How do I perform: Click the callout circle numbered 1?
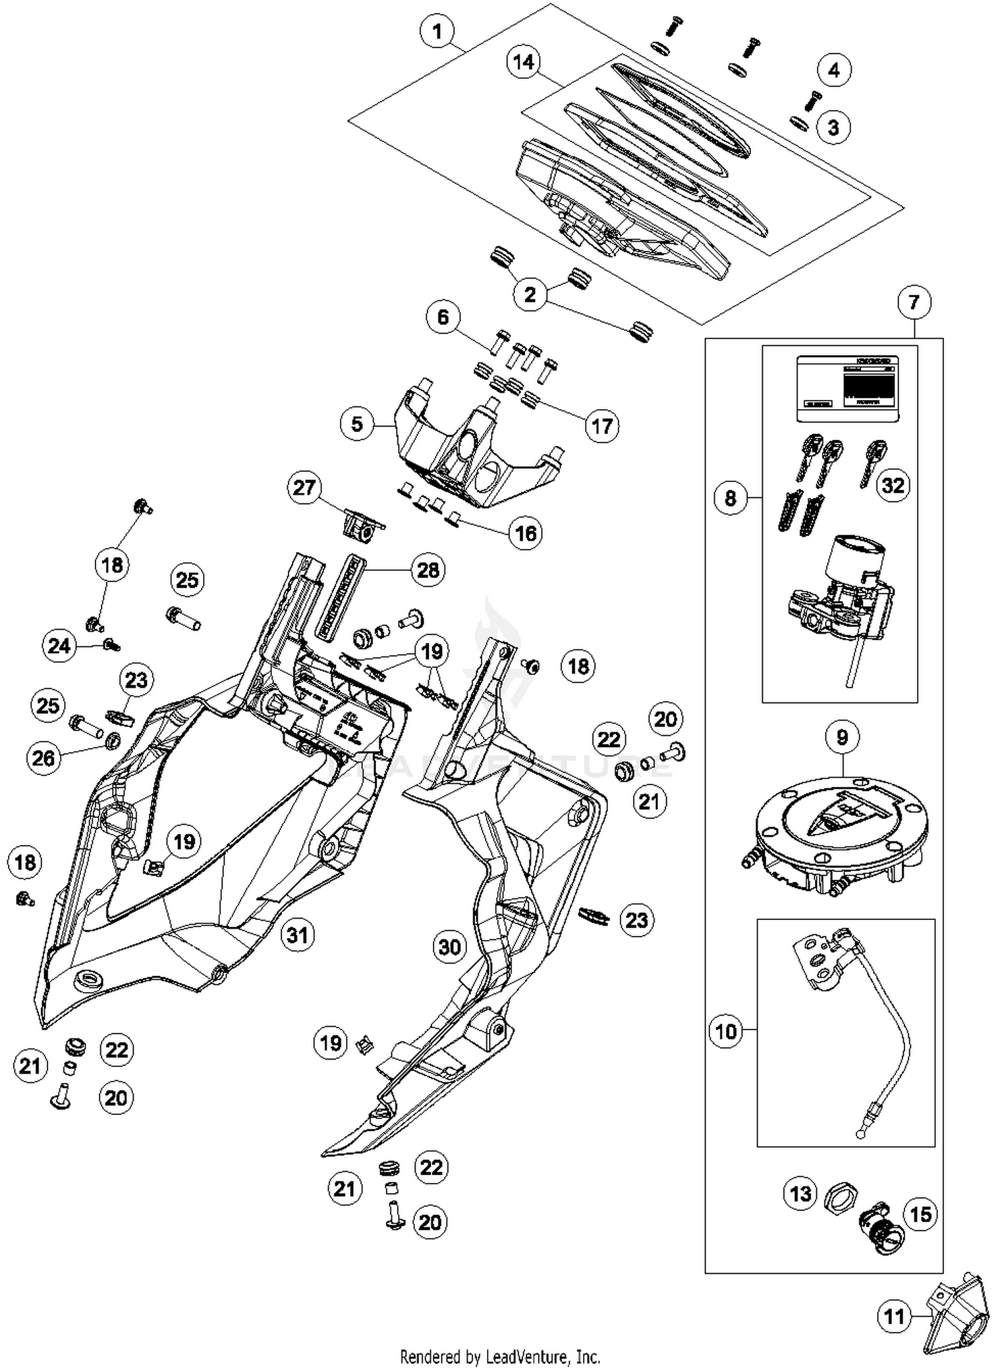(x=438, y=31)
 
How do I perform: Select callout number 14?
(x=524, y=61)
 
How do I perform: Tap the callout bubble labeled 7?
(x=914, y=302)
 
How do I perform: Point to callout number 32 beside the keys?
(x=892, y=485)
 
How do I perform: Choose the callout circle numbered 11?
(x=894, y=1317)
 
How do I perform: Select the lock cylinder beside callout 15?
(x=878, y=1227)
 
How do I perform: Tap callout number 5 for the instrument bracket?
(x=357, y=423)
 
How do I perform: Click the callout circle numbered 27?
(x=304, y=487)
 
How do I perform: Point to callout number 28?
(x=428, y=569)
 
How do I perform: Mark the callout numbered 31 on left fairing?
(x=297, y=935)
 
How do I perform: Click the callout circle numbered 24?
(x=59, y=646)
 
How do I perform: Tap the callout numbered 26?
(x=44, y=758)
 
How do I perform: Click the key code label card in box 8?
(x=847, y=389)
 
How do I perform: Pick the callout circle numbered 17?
(x=602, y=425)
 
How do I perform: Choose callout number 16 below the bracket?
(x=526, y=533)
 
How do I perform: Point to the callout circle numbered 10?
(x=725, y=1032)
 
